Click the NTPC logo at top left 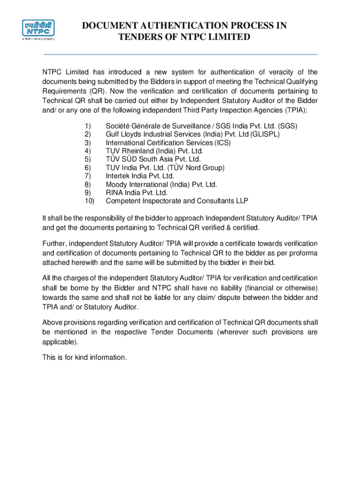pos(39,30)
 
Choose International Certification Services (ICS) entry pos(168,143)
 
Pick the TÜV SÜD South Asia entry pos(153,160)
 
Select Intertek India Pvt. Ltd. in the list pos(140,176)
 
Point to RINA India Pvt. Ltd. pos(137,193)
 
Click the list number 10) pos(89,201)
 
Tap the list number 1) pos(87,126)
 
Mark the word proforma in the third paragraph pos(302,253)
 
